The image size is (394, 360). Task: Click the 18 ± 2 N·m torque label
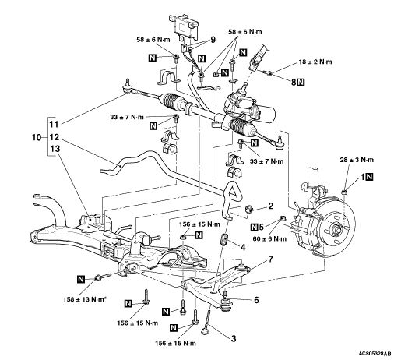pyautogui.click(x=315, y=62)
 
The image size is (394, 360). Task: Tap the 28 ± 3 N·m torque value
pyautogui.click(x=357, y=160)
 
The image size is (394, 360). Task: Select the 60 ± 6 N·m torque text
pyautogui.click(x=269, y=238)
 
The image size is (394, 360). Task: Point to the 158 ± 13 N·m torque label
pyautogui.click(x=85, y=299)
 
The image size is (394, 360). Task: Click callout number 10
pyautogui.click(x=37, y=137)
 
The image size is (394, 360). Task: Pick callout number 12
pyautogui.click(x=55, y=137)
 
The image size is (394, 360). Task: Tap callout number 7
pyautogui.click(x=271, y=259)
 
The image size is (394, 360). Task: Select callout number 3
pyautogui.click(x=234, y=339)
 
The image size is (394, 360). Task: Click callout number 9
pyautogui.click(x=213, y=40)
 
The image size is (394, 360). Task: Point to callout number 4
pyautogui.click(x=243, y=248)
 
